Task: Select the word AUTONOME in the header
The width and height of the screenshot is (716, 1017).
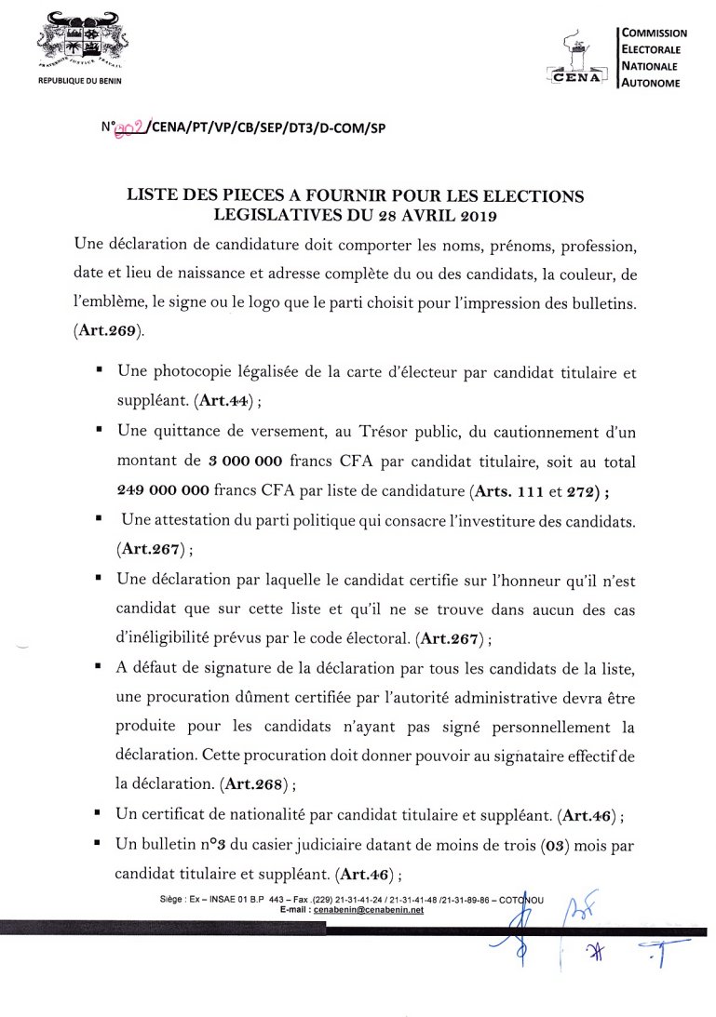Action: [651, 83]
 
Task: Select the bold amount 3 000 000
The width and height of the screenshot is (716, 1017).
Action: [245, 461]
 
